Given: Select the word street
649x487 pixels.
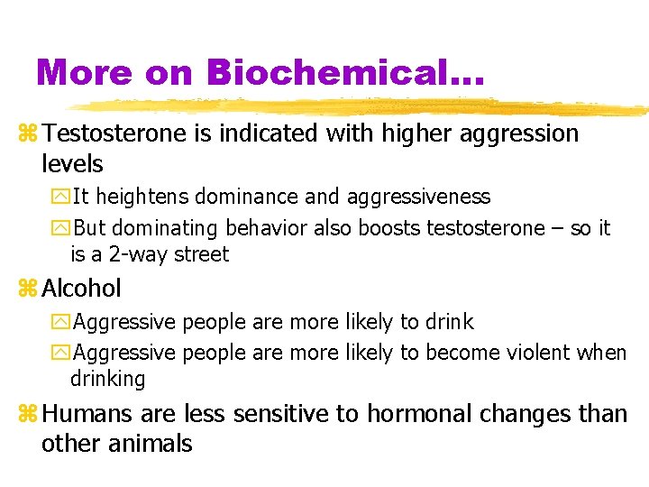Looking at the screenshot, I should [x=202, y=254].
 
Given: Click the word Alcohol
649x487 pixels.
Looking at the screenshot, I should [x=81, y=289].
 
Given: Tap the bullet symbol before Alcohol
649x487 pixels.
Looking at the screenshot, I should [x=28, y=289].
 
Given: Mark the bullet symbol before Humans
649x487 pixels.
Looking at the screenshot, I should [x=28, y=415].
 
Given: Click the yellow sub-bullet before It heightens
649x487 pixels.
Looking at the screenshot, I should [x=62, y=198].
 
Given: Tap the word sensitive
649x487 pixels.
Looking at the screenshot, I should [x=278, y=414].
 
